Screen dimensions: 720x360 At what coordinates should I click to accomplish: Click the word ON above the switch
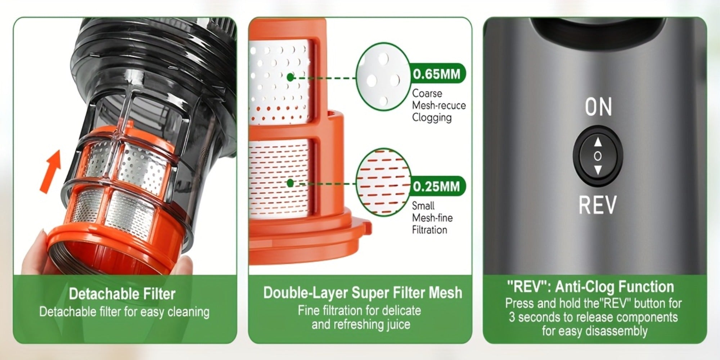click(x=598, y=107)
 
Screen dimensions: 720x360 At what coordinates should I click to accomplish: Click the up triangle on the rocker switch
click(x=598, y=142)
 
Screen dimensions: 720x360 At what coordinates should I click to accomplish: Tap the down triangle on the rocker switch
click(x=598, y=170)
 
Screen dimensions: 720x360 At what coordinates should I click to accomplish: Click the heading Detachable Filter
click(x=122, y=294)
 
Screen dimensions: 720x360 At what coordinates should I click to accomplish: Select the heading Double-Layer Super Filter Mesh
click(x=363, y=292)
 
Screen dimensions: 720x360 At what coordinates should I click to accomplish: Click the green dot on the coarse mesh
click(x=291, y=77)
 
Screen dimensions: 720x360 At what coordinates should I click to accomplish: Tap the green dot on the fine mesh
click(x=291, y=183)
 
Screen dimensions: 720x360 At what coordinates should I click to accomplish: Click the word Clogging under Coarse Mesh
click(x=432, y=118)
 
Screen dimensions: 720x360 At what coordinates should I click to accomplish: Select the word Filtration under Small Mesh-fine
click(x=429, y=230)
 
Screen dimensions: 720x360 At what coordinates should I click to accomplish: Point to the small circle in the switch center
click(x=598, y=156)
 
